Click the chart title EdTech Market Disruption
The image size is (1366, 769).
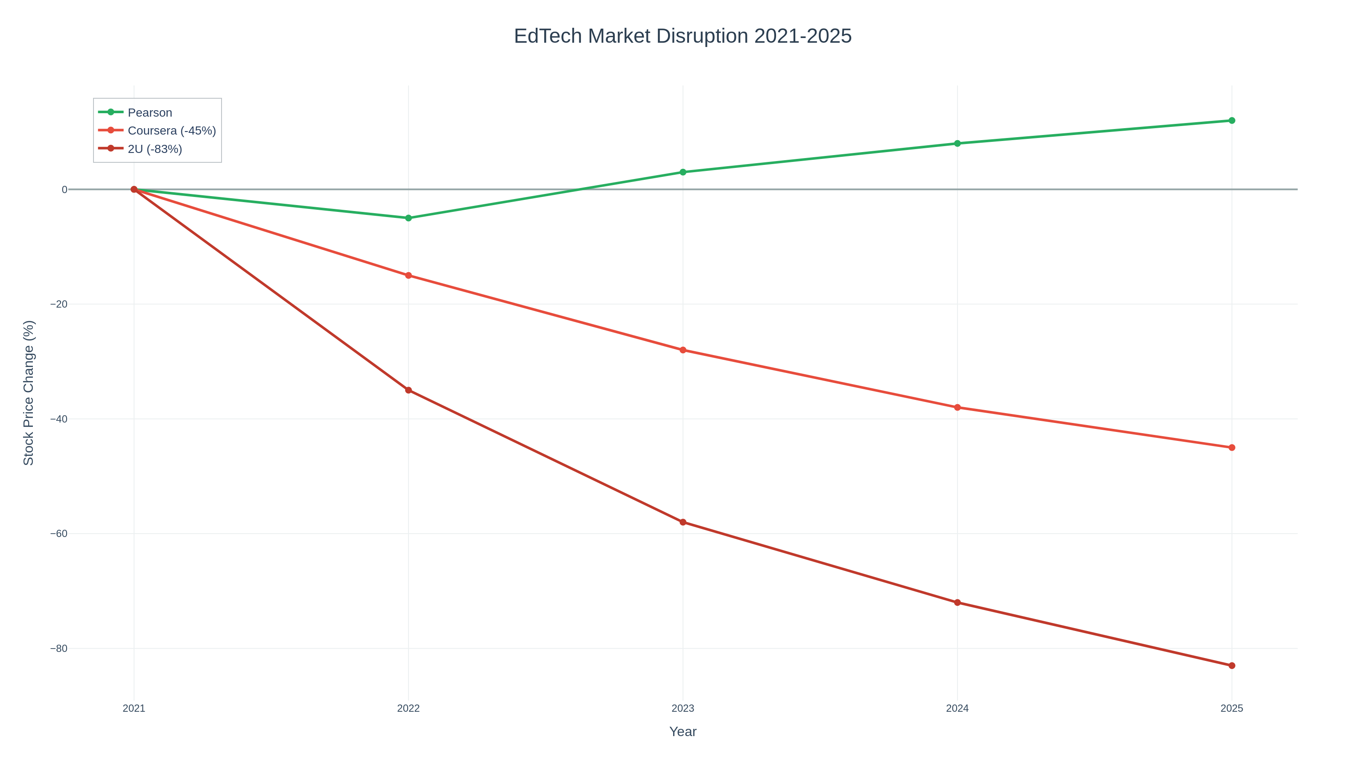pyautogui.click(x=683, y=36)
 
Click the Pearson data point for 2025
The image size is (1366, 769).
pyautogui.click(x=1231, y=120)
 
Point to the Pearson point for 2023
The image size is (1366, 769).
pyautogui.click(x=683, y=172)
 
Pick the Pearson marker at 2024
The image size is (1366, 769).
pyautogui.click(x=957, y=143)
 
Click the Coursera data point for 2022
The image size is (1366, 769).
pyautogui.click(x=409, y=276)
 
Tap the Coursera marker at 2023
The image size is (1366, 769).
pyautogui.click(x=683, y=350)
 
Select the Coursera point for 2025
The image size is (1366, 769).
pyautogui.click(x=1231, y=447)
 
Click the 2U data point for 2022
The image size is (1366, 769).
pyautogui.click(x=409, y=390)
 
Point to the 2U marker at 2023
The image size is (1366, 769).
pyautogui.click(x=683, y=522)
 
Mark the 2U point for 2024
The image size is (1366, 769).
pyautogui.click(x=957, y=602)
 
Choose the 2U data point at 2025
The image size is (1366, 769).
pyautogui.click(x=1231, y=666)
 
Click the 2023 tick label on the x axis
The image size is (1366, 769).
pyautogui.click(x=683, y=708)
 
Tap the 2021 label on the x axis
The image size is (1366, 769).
pyautogui.click(x=134, y=708)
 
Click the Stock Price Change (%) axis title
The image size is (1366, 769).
pyautogui.click(x=29, y=393)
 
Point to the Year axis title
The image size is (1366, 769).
pyautogui.click(x=683, y=732)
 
